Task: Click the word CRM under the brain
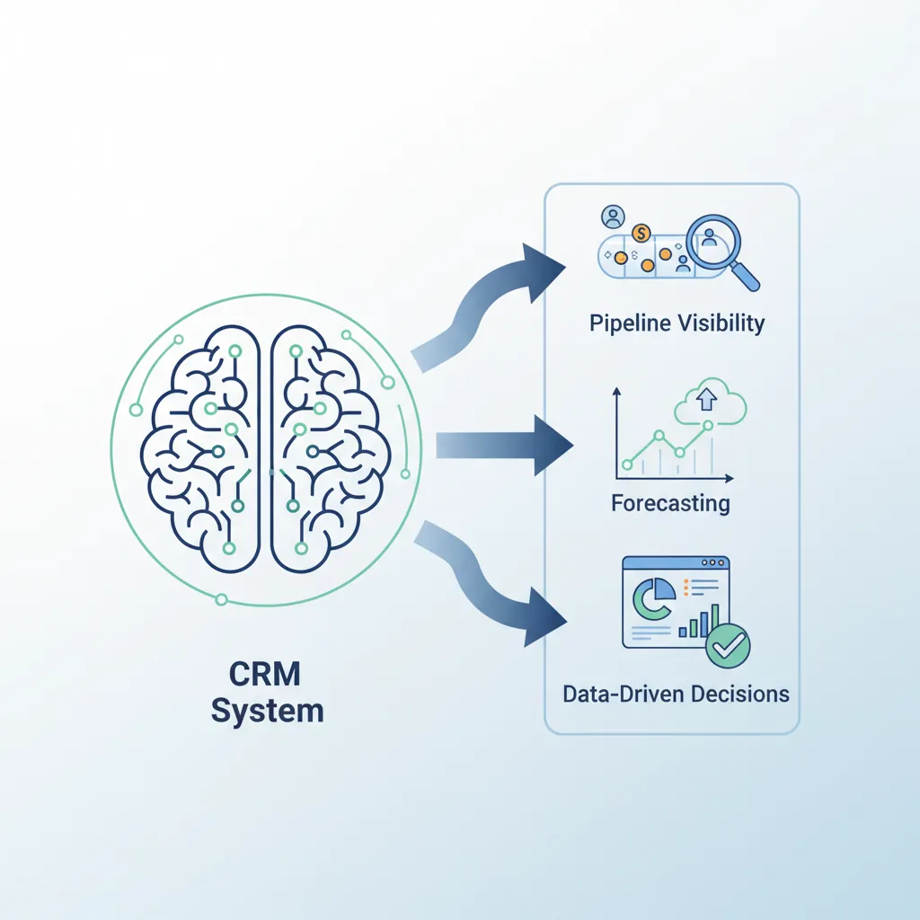click(268, 674)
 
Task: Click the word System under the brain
click(268, 712)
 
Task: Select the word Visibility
click(720, 323)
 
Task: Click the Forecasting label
click(670, 502)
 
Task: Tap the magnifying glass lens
click(710, 240)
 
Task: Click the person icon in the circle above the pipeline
click(615, 217)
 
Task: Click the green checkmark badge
click(728, 647)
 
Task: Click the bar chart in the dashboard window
click(699, 620)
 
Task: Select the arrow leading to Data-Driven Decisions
click(494, 584)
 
